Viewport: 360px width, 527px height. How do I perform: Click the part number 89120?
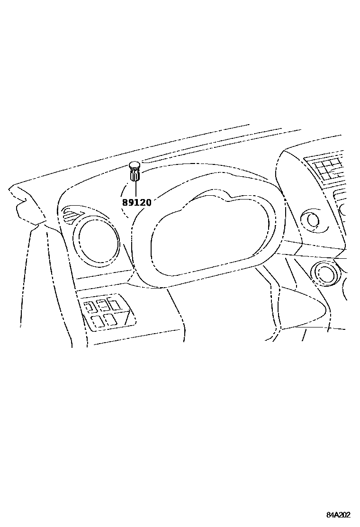click(x=137, y=202)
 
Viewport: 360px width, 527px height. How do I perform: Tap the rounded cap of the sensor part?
click(x=135, y=165)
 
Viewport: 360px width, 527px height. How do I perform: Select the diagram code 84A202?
click(x=338, y=515)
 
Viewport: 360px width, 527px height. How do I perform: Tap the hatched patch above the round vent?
click(x=71, y=217)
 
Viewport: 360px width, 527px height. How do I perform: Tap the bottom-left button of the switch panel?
click(x=98, y=321)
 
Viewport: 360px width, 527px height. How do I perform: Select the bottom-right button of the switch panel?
click(x=110, y=320)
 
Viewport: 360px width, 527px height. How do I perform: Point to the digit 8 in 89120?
click(x=125, y=202)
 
